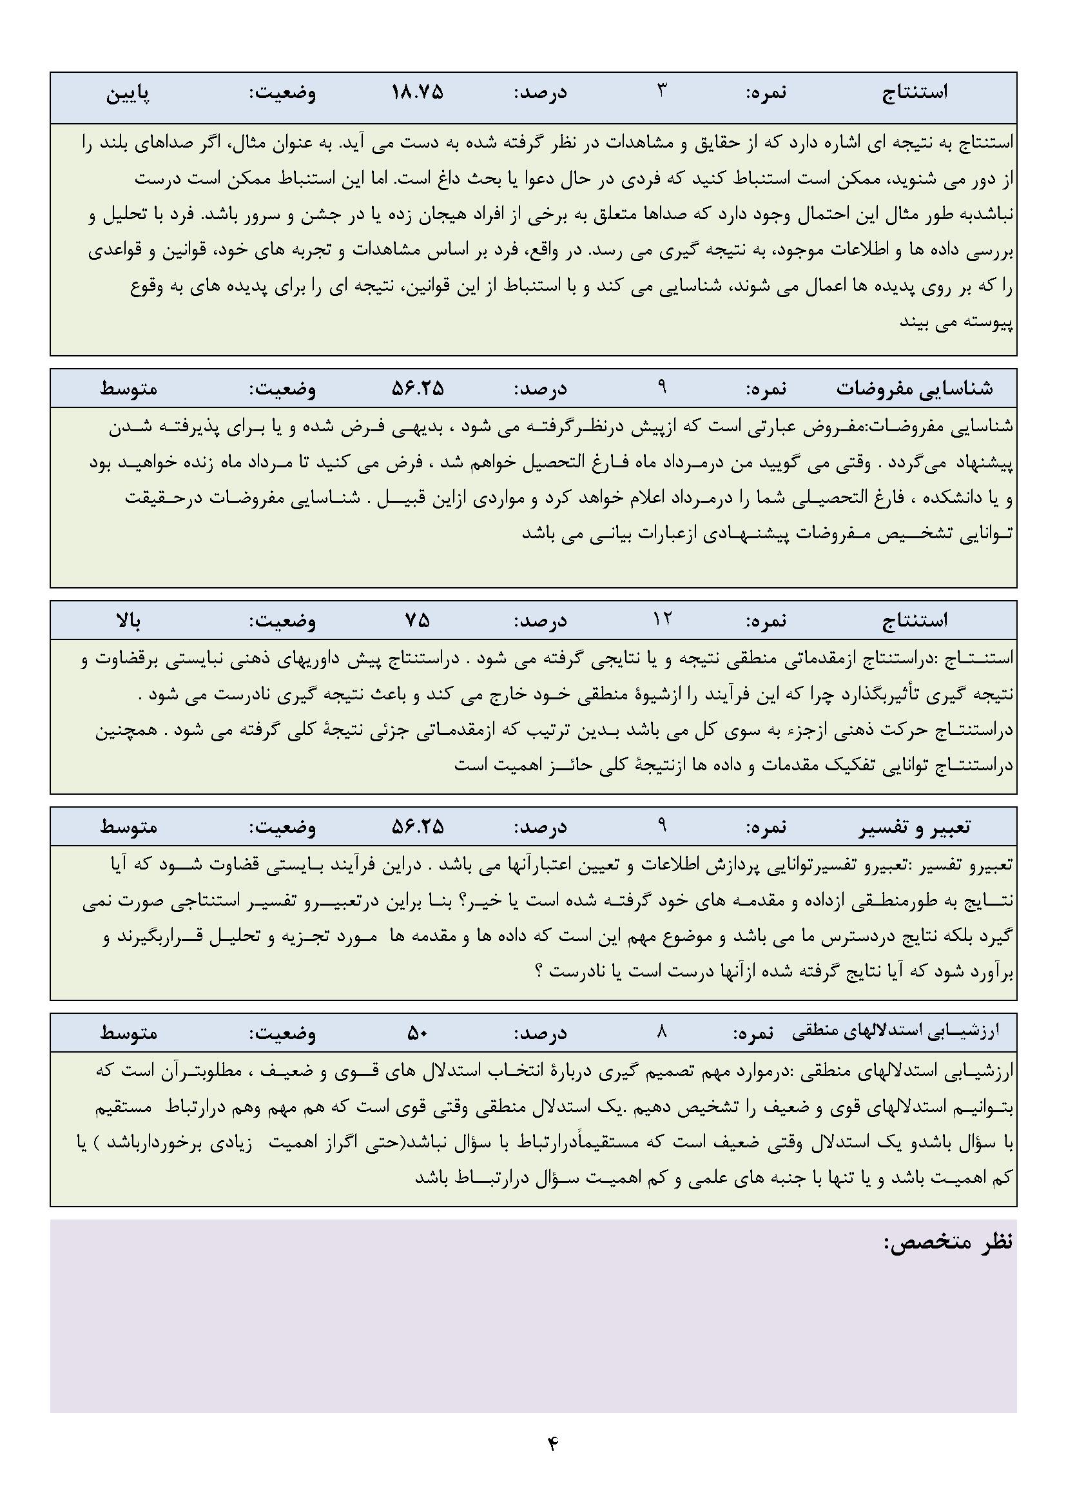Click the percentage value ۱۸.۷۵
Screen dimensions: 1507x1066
(418, 92)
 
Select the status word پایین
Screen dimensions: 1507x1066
(129, 93)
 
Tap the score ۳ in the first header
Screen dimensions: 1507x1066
(662, 91)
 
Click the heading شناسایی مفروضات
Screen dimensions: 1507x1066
(915, 389)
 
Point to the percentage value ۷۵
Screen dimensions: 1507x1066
(418, 620)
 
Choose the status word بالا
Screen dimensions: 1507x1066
(129, 620)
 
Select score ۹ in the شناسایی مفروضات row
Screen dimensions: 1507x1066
(662, 387)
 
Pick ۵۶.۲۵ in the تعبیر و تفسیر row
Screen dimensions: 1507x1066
(418, 827)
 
